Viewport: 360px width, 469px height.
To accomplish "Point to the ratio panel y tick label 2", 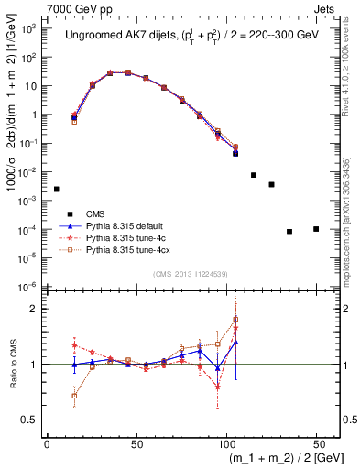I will pos(35,309).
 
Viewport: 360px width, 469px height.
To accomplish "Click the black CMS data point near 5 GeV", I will pos(56,189).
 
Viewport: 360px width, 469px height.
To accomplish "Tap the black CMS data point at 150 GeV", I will pos(316,228).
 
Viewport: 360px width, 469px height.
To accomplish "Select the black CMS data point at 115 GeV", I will pos(254,175).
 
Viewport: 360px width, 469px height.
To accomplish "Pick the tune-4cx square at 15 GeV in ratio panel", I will pos(74,397).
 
